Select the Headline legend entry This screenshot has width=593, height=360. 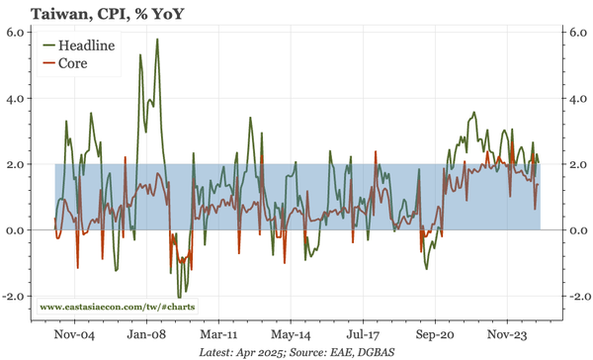(x=86, y=45)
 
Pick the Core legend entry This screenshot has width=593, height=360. (x=74, y=63)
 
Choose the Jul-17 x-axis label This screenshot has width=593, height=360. (x=362, y=333)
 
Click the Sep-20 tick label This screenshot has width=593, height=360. (x=435, y=333)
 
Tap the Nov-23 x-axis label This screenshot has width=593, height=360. (x=508, y=333)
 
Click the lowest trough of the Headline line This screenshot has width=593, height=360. (x=180, y=297)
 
